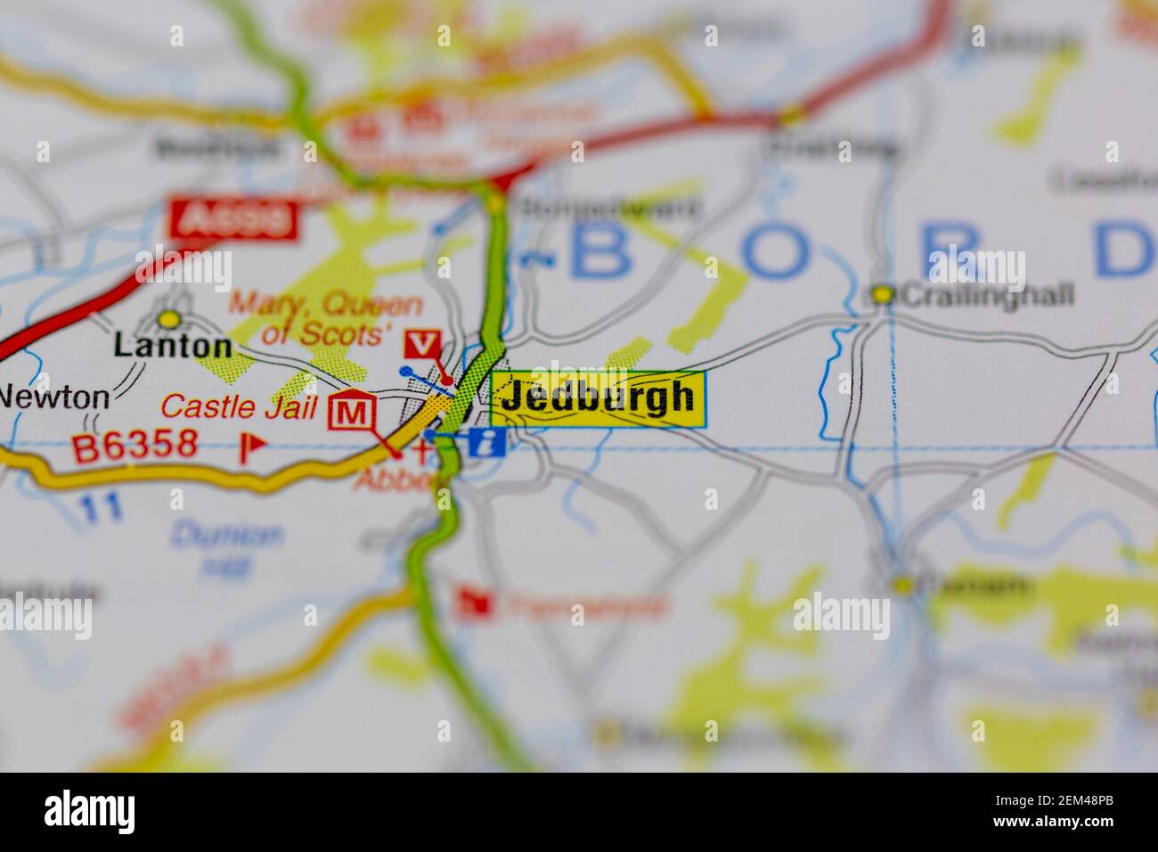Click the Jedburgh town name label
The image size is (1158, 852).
597,397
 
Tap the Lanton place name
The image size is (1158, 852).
173,347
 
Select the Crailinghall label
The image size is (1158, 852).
986,295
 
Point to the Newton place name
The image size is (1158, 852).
53,397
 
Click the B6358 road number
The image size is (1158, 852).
134,445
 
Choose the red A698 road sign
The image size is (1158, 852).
234,219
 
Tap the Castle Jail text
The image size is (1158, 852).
239,408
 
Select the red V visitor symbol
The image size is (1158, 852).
422,344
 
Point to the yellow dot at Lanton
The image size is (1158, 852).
167,318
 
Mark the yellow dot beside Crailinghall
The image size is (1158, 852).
882,293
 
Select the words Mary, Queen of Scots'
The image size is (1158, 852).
327,319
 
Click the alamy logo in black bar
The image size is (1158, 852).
89,812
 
